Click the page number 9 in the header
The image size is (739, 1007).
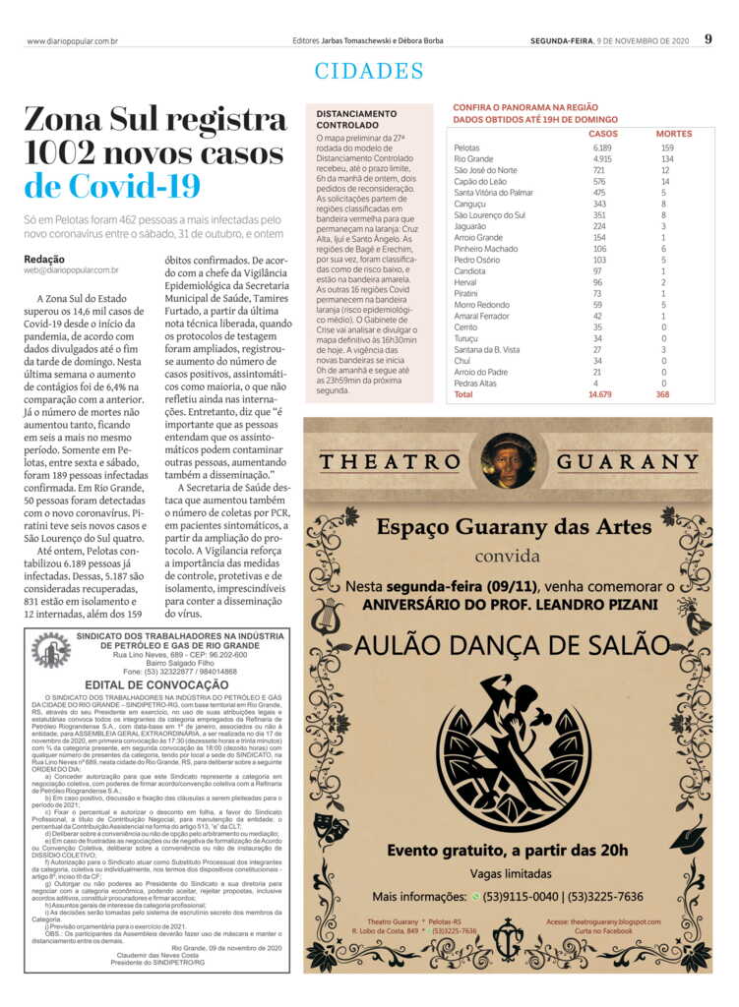pos(708,39)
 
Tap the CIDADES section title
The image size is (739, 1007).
pos(369,71)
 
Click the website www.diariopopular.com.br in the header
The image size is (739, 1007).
pos(73,41)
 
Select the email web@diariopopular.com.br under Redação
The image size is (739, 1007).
pos(71,269)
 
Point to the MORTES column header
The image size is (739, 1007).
pos(673,134)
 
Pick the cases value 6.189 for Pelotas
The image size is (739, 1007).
pos(602,148)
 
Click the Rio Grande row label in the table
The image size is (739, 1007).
pos(473,158)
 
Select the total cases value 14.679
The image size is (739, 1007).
pos(600,394)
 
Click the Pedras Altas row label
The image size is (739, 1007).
pos(474,384)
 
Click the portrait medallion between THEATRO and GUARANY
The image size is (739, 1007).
pos(509,460)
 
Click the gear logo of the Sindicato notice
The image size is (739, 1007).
pos(50,652)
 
